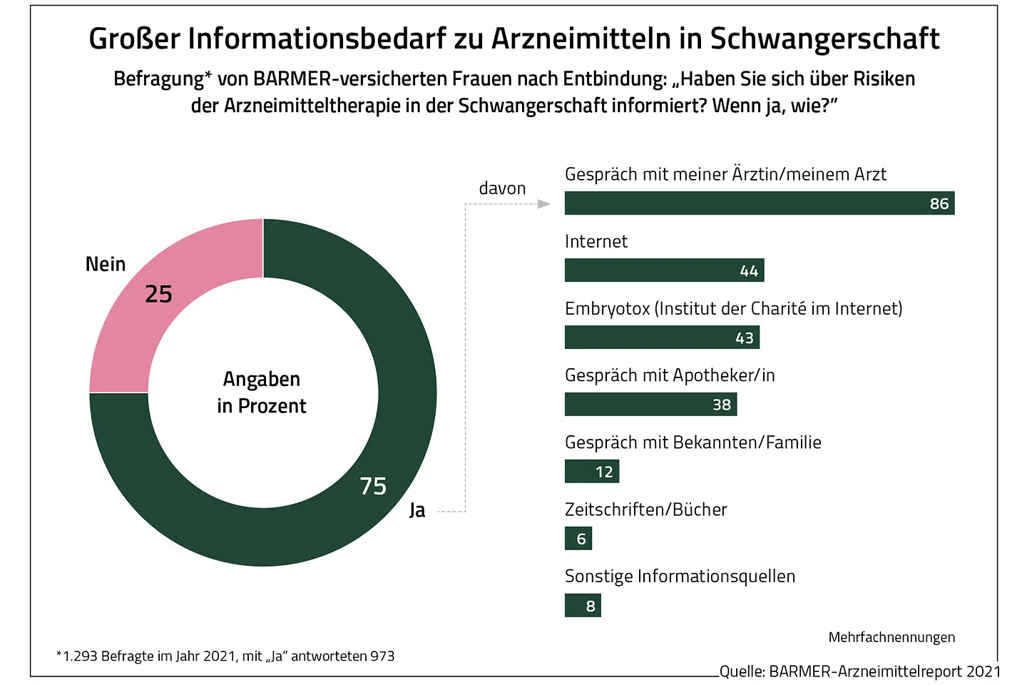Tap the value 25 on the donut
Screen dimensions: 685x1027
[x=158, y=294]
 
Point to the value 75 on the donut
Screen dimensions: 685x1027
[x=373, y=486]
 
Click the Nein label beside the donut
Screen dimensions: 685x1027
[x=106, y=265]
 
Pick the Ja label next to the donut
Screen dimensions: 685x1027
[x=417, y=510]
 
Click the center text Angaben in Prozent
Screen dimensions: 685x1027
[x=262, y=392]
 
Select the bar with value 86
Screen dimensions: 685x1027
[x=759, y=203]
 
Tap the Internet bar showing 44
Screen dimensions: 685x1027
[x=664, y=270]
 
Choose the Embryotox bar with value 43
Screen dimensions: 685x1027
[x=662, y=338]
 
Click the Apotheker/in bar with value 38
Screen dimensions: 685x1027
[x=650, y=405]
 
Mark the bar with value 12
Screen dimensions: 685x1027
[x=592, y=472]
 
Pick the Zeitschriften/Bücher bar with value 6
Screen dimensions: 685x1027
[x=578, y=539]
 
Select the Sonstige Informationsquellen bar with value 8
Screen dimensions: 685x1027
[x=583, y=606]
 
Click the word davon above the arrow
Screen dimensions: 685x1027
[x=502, y=188]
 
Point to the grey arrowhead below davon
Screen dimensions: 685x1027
[x=544, y=204]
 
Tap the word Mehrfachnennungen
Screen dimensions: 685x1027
[x=891, y=637]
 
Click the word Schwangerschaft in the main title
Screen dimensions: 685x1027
[x=824, y=39]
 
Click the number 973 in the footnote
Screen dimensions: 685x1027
[x=382, y=656]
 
